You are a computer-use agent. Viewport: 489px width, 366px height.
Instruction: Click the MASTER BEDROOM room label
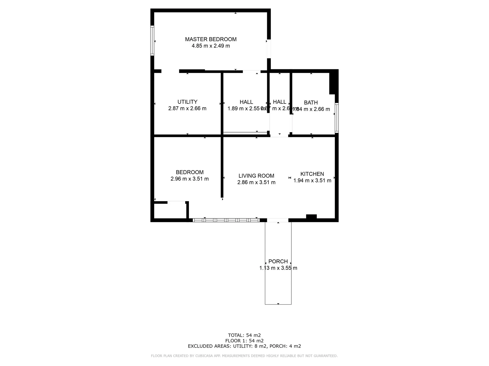pos(211,39)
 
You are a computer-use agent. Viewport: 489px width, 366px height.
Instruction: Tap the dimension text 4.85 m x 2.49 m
pos(211,46)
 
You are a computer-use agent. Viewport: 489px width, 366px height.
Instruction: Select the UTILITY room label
pos(187,102)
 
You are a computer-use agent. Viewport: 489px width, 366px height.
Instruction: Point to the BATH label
pos(311,103)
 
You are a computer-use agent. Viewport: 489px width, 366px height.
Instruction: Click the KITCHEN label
pos(312,174)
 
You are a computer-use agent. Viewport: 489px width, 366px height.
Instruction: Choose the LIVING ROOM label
pos(256,176)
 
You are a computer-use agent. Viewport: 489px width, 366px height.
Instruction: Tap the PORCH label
pos(278,261)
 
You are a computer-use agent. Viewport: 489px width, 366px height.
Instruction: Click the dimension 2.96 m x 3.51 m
pos(189,179)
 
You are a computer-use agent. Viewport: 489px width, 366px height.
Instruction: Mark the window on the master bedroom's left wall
pos(152,41)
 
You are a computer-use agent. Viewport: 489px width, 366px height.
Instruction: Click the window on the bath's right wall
pos(336,118)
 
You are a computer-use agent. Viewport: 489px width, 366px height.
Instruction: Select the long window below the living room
pos(226,220)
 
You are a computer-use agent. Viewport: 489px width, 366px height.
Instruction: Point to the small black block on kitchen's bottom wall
pos(311,217)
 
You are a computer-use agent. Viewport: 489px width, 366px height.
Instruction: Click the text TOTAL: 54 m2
pos(244,335)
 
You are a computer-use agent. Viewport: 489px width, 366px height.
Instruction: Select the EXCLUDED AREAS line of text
pos(244,346)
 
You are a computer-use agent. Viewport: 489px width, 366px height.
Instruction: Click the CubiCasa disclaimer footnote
pos(244,356)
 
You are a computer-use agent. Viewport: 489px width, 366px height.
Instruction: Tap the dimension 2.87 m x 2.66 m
pos(187,109)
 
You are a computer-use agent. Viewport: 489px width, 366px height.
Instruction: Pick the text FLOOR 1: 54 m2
pos(244,341)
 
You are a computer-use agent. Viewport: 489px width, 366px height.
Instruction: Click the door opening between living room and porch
pos(278,220)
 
